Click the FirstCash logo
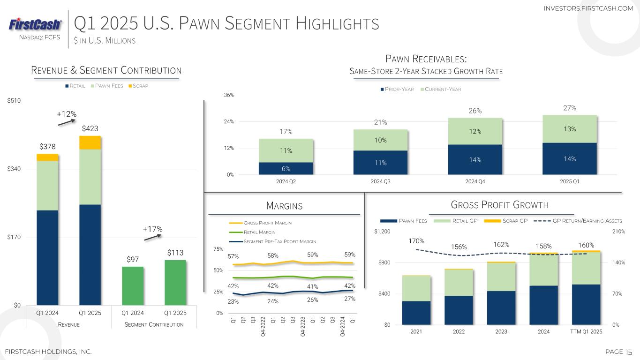pos(35,24)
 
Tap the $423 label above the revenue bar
pos(90,128)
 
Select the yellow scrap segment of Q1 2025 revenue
pos(90,142)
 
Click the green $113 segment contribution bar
pos(175,283)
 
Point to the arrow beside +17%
pos(153,237)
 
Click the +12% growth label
pos(66,114)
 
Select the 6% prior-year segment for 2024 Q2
pos(286,168)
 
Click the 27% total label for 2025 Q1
pos(569,108)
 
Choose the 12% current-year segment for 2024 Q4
pos(475,131)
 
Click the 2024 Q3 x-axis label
pos(380,182)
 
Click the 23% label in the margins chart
pos(233,302)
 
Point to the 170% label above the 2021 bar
pos(416,241)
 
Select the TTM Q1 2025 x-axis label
pos(586,331)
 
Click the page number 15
pos(629,352)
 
